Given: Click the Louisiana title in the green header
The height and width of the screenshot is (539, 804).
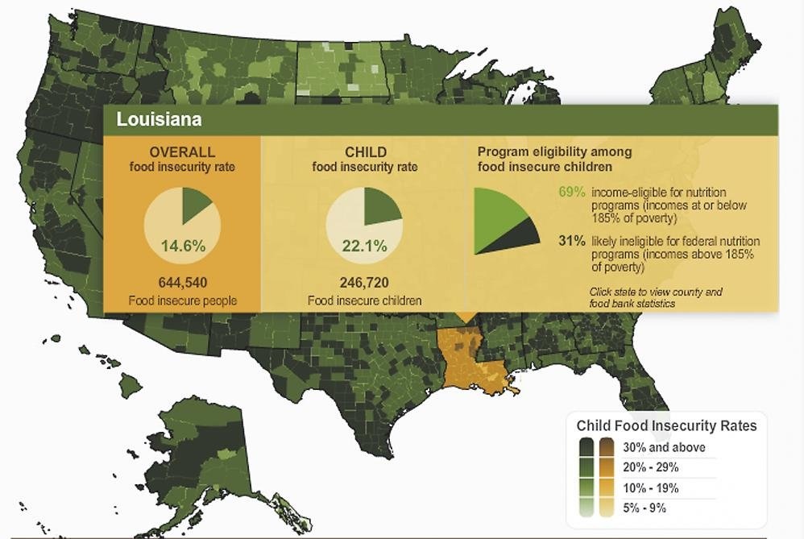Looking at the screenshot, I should (159, 119).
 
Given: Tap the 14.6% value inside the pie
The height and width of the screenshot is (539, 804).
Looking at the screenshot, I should (181, 245).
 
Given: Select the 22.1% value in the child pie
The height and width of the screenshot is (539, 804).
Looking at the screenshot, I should (363, 245).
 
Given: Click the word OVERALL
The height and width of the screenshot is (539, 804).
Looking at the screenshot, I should (182, 151).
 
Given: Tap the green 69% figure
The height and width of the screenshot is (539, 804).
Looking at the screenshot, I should (571, 193).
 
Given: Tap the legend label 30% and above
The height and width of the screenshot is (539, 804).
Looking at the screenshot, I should (664, 447).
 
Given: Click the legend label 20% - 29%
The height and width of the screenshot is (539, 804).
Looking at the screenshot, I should (651, 467).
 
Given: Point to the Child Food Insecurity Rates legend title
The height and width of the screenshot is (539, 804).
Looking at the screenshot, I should (666, 425).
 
